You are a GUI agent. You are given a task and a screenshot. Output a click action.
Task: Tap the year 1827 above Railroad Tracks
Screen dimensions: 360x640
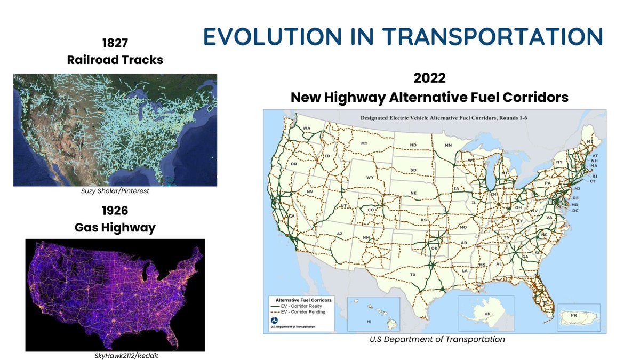pos(115,42)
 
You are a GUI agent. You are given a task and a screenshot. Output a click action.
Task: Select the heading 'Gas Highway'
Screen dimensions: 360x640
pos(115,228)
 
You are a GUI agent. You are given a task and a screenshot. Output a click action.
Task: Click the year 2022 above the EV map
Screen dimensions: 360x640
pos(429,79)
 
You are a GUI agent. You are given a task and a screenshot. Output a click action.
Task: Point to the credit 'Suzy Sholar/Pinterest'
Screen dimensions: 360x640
pos(115,191)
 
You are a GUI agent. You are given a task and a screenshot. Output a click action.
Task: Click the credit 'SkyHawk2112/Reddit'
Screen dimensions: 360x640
pos(115,356)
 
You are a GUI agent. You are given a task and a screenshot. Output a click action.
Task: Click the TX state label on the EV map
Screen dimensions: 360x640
pos(412,275)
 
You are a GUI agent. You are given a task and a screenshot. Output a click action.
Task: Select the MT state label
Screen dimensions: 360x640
pos(364,144)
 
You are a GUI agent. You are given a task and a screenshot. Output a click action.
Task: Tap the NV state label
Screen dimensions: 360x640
pos(309,191)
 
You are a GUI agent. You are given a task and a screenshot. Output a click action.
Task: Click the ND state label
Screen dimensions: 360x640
pos(413,145)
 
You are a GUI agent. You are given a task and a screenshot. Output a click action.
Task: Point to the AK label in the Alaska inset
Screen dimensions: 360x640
pos(487,314)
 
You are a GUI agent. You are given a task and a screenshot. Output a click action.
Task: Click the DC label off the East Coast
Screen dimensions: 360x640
pos(575,211)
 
